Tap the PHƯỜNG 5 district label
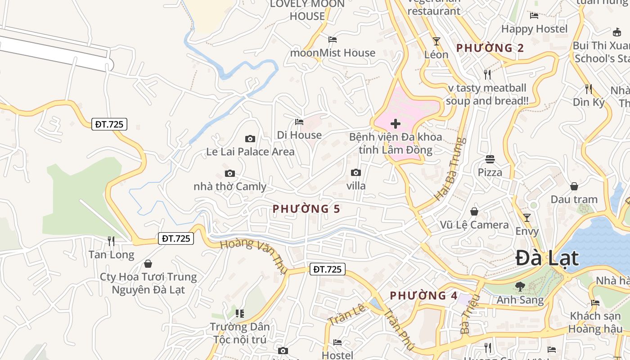coord(306,209)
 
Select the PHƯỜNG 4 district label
coord(423,296)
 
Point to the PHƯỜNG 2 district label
coord(490,48)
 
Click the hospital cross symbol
coord(396,124)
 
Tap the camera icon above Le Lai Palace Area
coord(250,139)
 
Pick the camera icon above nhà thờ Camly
coord(229,173)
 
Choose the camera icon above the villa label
coord(355,172)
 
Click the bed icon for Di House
coord(299,121)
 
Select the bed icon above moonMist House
coord(333,40)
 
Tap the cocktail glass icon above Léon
coord(436,41)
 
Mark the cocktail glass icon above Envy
coord(526,218)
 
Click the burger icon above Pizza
coord(490,159)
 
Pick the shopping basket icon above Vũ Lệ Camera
coord(474,211)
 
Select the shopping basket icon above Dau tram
coord(574,186)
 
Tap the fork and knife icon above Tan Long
coord(111,241)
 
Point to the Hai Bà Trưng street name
coord(450,169)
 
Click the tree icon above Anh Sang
coord(520,286)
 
